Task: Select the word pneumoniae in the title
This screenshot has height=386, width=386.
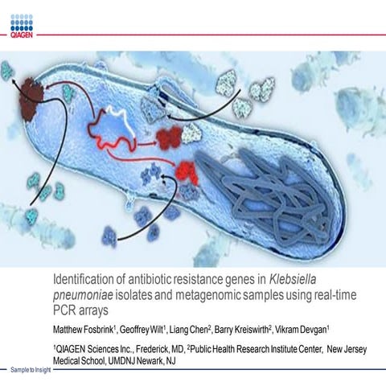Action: (x=84, y=295)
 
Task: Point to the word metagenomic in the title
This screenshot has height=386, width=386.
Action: (x=194, y=295)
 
